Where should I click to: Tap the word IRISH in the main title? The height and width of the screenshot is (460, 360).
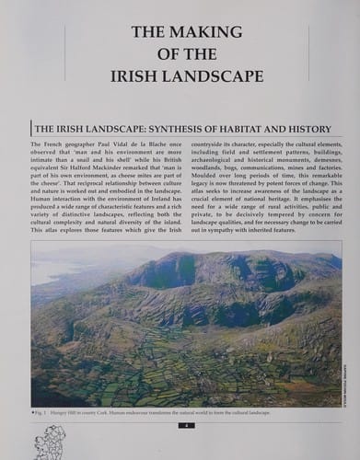point(136,75)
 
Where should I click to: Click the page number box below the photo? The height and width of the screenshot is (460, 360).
point(186,425)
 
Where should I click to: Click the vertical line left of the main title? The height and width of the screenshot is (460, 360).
point(65,53)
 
